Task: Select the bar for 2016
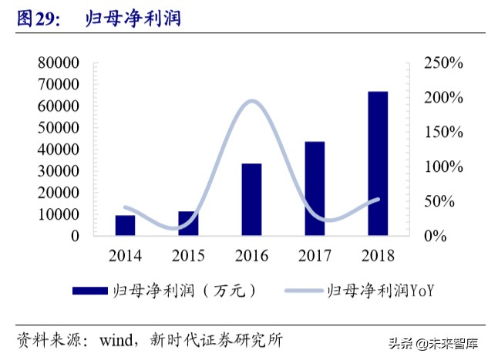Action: point(251,200)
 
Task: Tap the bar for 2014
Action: point(125,225)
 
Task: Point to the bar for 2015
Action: point(188,223)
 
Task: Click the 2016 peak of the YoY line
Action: point(251,100)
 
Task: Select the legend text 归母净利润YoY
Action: point(382,291)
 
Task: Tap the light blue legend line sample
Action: point(304,291)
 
